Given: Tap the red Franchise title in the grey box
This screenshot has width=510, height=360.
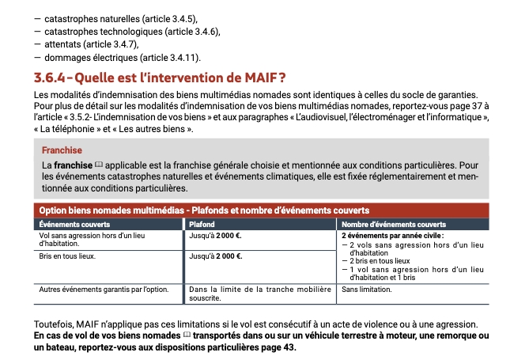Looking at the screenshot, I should click(x=62, y=150).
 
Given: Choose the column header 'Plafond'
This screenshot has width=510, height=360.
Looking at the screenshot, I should click(x=203, y=224).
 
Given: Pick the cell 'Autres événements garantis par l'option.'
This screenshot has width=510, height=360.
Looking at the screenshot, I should click(x=104, y=290).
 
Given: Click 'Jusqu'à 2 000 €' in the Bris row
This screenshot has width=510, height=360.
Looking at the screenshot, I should click(x=215, y=256).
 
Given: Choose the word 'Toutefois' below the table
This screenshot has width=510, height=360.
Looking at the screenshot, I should click(x=55, y=325).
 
